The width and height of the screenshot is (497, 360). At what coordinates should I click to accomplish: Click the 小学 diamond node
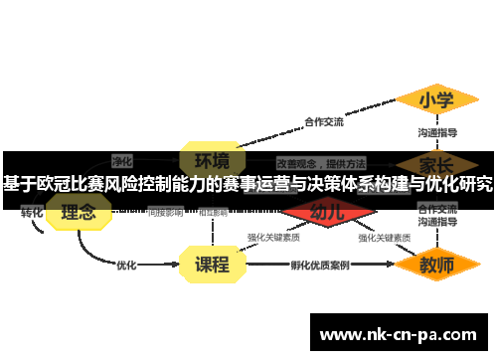coord(436,100)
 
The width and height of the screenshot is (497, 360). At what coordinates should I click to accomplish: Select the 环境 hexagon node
coord(212,160)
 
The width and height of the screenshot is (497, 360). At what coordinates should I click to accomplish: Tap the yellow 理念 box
coord(79,212)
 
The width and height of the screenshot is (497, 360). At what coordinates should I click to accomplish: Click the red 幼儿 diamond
coord(328,212)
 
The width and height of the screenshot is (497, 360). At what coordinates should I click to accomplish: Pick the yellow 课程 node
coord(212,265)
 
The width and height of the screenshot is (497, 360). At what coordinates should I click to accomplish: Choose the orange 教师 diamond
coord(436,266)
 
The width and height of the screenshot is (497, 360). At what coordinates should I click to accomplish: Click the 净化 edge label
coord(122,160)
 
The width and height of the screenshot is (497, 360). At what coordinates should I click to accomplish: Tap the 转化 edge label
coord(32,213)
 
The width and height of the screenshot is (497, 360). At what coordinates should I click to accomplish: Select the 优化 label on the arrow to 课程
coord(126,266)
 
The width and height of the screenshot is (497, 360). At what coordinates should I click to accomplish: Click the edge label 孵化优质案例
coord(319,266)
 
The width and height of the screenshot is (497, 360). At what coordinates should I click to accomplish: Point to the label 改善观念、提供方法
coord(320,162)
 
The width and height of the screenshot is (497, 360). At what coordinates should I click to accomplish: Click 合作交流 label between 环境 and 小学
coord(323,122)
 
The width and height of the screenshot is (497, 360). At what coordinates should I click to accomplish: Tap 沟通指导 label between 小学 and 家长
coord(437,132)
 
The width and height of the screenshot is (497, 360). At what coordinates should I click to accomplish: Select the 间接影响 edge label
coord(165,212)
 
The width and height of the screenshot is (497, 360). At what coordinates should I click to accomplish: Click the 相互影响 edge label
coord(213,212)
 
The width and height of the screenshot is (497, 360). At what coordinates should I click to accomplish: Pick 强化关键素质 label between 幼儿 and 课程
coord(274,238)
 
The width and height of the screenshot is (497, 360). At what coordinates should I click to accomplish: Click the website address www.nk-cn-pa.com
coord(398,334)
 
